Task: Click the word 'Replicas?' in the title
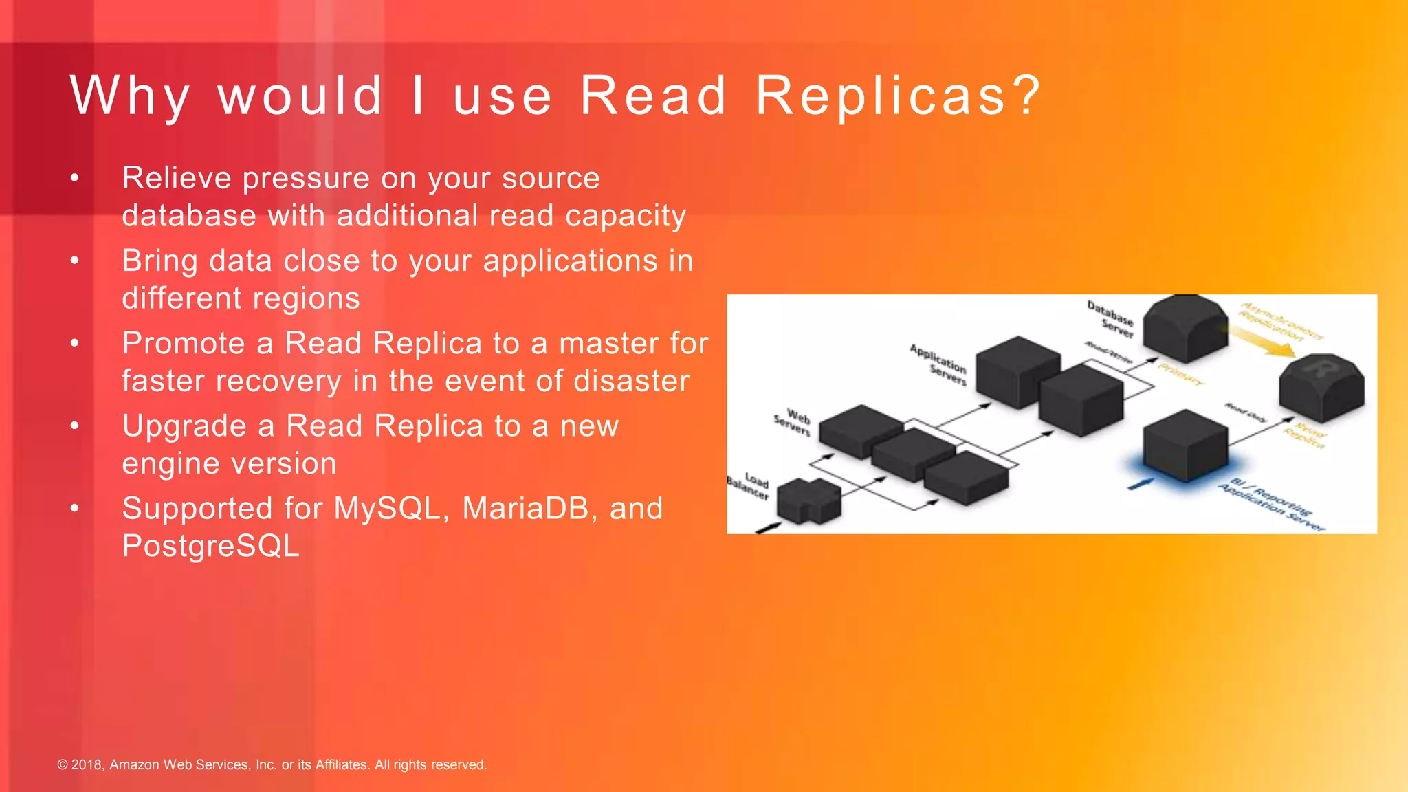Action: [898, 96]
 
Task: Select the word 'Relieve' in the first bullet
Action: [177, 178]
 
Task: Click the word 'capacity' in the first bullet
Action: [625, 217]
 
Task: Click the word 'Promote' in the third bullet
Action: [183, 344]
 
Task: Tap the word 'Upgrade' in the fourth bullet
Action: [184, 427]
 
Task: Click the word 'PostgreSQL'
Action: [210, 547]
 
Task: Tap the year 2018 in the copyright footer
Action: [87, 764]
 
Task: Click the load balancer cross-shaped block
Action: [809, 500]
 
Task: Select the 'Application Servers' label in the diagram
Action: [939, 364]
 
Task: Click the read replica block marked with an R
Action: [1321, 386]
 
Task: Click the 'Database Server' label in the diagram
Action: [1111, 318]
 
